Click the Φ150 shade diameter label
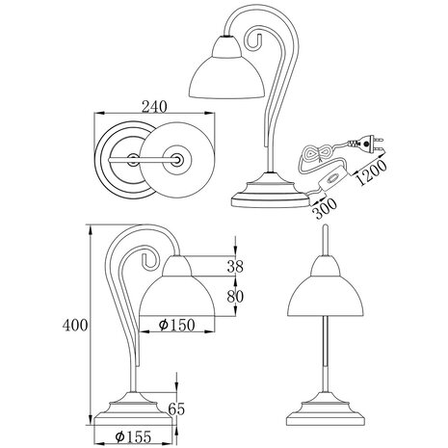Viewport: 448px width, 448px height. (x=177, y=324)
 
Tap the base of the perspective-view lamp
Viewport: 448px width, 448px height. (x=271, y=196)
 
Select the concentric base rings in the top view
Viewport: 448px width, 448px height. (x=123, y=158)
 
